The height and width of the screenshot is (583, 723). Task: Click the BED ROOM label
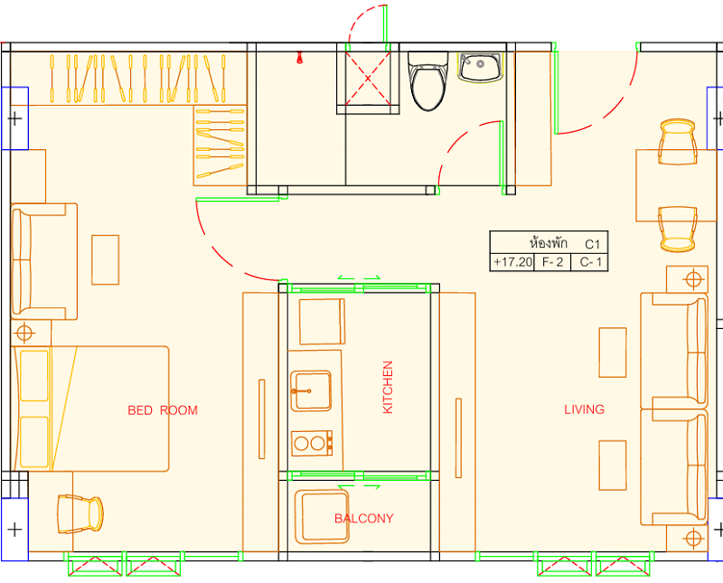(163, 410)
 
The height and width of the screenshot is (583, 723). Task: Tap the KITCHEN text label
(388, 387)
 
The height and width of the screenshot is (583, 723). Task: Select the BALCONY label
(364, 519)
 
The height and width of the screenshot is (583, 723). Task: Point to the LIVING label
(584, 409)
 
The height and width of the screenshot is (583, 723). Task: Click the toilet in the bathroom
(427, 81)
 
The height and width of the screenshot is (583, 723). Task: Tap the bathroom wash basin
(480, 68)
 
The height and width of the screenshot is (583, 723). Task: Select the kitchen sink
(311, 390)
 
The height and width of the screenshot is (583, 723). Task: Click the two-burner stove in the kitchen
(312, 443)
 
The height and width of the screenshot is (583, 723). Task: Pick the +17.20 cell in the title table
(512, 262)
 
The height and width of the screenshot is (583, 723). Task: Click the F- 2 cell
(552, 262)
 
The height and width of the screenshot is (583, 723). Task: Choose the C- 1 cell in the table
(590, 262)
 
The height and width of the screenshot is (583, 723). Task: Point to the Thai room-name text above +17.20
(549, 242)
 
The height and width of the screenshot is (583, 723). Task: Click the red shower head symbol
(300, 57)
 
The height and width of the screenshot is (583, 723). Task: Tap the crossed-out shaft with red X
(368, 79)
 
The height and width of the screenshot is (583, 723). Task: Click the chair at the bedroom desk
(80, 513)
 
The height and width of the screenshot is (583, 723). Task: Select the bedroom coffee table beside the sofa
(105, 259)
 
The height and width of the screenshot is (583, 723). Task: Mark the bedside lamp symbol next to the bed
(24, 332)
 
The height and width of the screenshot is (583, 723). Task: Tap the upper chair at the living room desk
(677, 142)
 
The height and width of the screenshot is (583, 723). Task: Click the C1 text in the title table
(593, 244)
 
